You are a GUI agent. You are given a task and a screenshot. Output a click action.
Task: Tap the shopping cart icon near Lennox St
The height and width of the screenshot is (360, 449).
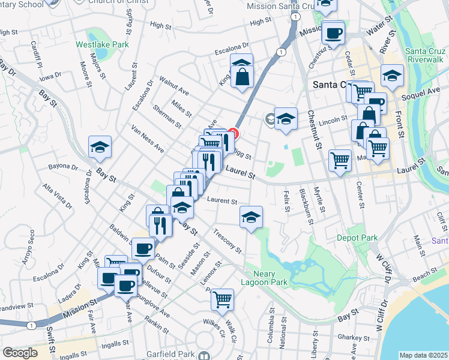coord(222,299)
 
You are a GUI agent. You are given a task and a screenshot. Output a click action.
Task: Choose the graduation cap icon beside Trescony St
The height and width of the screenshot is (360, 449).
coord(251,217)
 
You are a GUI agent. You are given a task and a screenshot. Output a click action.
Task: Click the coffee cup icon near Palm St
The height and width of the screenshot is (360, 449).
coord(143,248)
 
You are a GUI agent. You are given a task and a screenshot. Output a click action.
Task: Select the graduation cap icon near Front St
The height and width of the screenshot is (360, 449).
coord(392,76)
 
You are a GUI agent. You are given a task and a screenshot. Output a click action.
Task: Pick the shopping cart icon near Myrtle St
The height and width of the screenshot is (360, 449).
coord(340,160)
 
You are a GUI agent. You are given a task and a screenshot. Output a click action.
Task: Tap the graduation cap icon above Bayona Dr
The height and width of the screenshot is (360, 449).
coord(100,147)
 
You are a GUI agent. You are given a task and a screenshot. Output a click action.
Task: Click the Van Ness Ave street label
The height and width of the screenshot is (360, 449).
coord(148,139)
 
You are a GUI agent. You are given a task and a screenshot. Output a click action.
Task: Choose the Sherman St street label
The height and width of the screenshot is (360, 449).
coord(167,116)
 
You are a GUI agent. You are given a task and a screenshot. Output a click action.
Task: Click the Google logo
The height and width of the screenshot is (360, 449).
coord(20,353)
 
